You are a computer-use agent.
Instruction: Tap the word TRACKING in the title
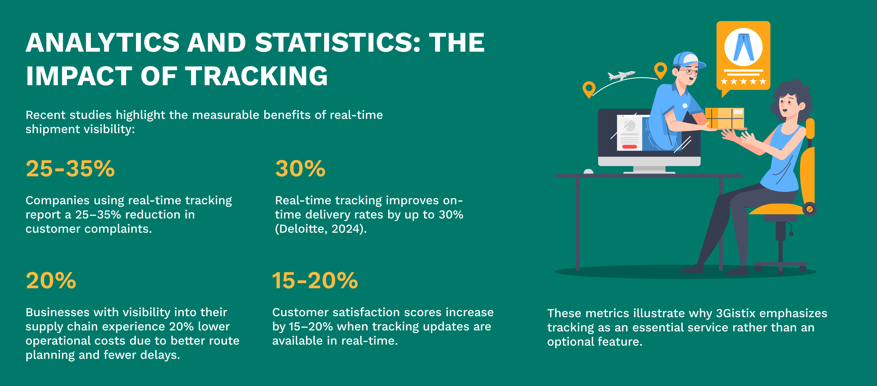[256, 76]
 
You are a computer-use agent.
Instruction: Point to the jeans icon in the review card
[743, 47]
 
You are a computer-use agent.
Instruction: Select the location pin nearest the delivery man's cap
[661, 70]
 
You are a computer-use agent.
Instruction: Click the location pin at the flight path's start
[589, 89]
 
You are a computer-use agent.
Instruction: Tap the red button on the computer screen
[630, 147]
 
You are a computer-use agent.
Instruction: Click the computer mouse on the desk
[588, 171]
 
